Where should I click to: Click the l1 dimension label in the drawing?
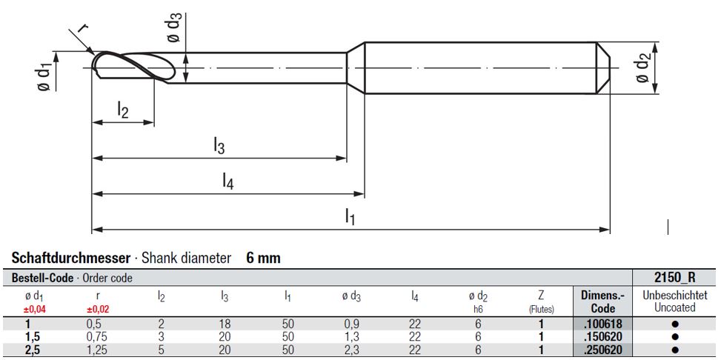350,216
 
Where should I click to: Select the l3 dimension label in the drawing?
218,147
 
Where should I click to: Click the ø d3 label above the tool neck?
172,28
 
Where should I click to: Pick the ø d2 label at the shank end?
642,69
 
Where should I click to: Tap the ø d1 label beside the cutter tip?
44,76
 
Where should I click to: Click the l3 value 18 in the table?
225,323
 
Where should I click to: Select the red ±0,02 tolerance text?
98,309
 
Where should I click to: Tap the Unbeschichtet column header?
675,295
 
